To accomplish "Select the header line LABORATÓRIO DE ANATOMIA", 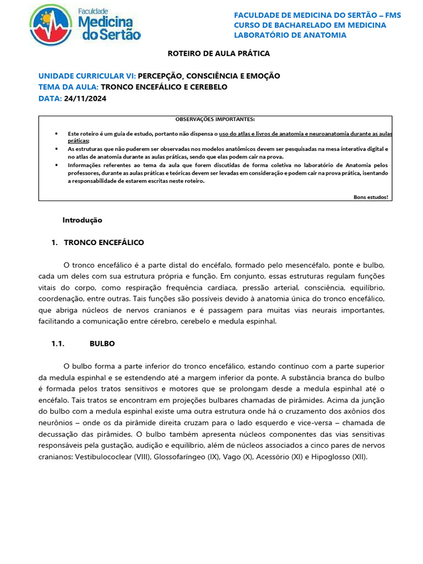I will pos(290,35).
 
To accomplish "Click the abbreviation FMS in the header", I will pos(391,15).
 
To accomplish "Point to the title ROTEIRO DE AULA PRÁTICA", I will pos(219,54).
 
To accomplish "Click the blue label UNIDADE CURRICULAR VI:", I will pos(86,76).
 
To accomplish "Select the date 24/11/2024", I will pos(85,99).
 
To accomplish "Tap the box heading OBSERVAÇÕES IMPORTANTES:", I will pos(215,119).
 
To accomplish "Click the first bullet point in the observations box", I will pos(57,134).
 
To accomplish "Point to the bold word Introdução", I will pos(82,220).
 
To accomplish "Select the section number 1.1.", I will pos(58,343).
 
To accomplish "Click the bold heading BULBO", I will pos(102,343).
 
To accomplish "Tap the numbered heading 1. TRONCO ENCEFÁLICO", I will pos(97,242).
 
